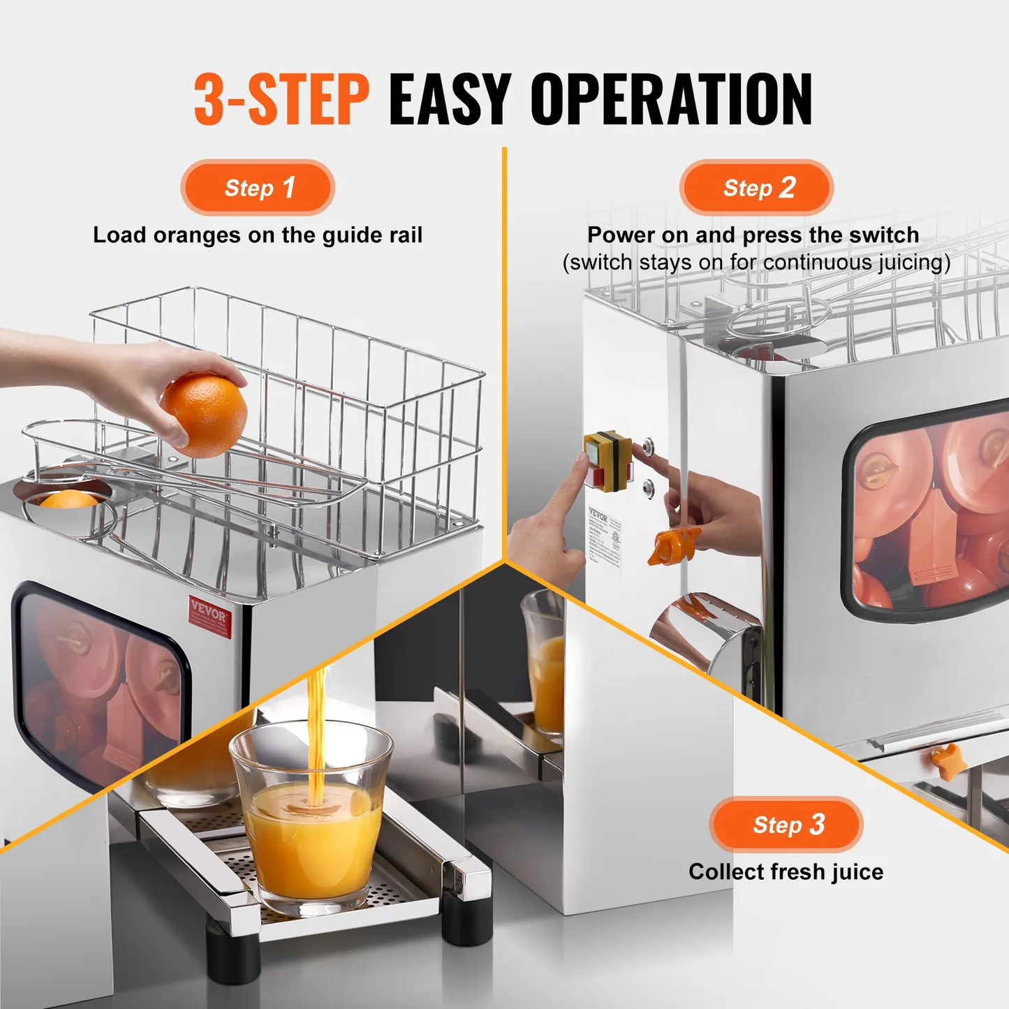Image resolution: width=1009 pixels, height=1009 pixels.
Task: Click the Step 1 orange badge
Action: point(258,188)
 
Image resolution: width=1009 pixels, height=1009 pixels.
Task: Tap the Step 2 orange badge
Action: point(757,188)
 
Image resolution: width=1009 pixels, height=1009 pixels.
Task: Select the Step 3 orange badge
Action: point(787,825)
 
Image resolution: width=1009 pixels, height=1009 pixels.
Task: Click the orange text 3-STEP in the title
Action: point(281,100)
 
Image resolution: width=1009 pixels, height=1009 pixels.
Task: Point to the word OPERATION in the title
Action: point(671,100)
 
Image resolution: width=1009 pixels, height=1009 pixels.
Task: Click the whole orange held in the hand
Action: point(204,415)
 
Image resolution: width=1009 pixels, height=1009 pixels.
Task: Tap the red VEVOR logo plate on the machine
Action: point(209,617)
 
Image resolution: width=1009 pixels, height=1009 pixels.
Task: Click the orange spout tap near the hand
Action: point(673,545)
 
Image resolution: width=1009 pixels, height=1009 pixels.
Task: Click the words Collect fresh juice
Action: point(786,872)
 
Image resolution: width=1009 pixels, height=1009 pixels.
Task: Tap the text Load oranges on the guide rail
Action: point(258,235)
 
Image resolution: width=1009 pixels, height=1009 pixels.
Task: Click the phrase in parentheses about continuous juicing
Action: point(756,263)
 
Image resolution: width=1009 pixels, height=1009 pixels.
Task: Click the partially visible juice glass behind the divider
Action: point(544,663)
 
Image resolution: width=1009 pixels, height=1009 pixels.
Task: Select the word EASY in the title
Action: point(450,100)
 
